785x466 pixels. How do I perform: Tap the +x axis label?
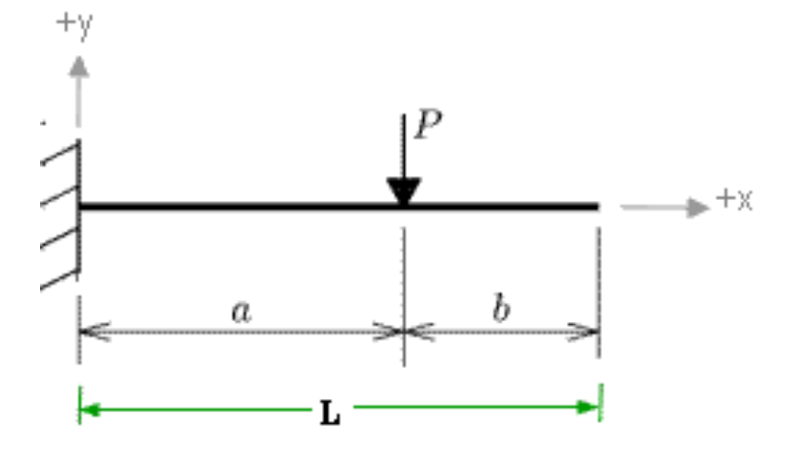(x=735, y=199)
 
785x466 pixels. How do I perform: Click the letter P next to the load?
(x=430, y=126)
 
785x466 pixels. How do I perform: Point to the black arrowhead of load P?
(x=404, y=192)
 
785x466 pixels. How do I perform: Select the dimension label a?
(x=242, y=311)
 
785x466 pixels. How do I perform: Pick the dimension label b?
(x=502, y=310)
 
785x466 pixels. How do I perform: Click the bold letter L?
(x=330, y=415)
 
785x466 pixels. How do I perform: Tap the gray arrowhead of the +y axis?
(x=79, y=66)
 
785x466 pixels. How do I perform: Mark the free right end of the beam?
(x=596, y=205)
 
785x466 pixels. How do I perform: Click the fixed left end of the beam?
(x=81, y=205)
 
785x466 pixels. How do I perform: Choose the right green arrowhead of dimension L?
(x=593, y=408)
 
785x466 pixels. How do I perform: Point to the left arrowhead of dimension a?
(x=91, y=332)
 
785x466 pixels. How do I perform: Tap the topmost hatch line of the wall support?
(x=59, y=153)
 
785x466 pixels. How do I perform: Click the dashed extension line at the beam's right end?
(x=599, y=286)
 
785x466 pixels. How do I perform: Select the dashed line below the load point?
(x=404, y=286)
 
